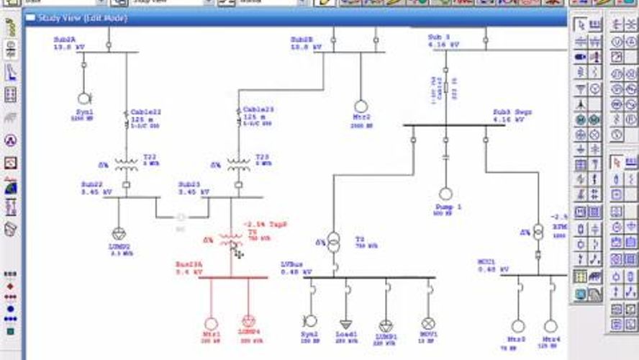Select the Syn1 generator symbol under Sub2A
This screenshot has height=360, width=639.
[84, 98]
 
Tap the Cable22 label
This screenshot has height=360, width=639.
[146, 111]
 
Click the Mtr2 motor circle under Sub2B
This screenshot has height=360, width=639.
[361, 107]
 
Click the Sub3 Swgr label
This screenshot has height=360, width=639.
[512, 112]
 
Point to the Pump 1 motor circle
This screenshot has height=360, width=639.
[445, 194]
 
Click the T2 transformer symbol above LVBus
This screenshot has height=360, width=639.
[334, 240]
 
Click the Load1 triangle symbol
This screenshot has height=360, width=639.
[347, 325]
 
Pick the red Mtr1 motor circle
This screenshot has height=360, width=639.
[211, 324]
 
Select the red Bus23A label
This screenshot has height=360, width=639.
[189, 265]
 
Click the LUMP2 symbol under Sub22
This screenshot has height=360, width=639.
[119, 233]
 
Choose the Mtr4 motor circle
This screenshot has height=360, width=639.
[550, 326]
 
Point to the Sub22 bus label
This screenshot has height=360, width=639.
[92, 184]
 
